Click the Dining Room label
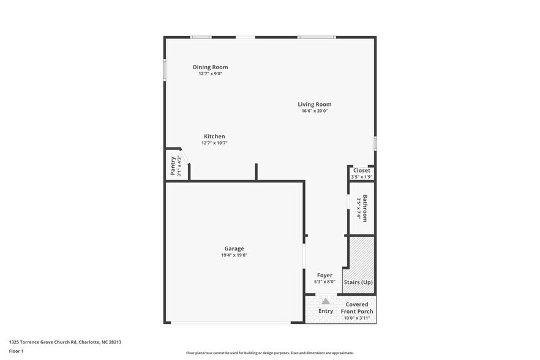click(x=210, y=67)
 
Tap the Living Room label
click(x=315, y=105)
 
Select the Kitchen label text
click(x=214, y=137)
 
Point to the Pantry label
click(x=173, y=166)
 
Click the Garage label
click(x=234, y=249)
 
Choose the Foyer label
click(x=324, y=276)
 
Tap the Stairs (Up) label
click(x=358, y=282)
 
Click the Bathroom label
click(x=365, y=208)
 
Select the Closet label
click(x=362, y=171)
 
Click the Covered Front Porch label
click(x=357, y=308)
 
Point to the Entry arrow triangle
click(x=326, y=301)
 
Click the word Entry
click(x=326, y=311)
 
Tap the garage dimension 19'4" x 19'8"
click(x=234, y=255)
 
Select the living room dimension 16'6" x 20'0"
click(x=315, y=111)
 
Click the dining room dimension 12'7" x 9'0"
click(x=210, y=73)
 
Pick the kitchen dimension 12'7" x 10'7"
click(x=214, y=143)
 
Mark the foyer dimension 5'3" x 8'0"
click(x=324, y=282)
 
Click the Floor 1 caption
click(x=16, y=351)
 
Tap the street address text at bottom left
click(x=69, y=342)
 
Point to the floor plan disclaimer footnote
click(x=269, y=353)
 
